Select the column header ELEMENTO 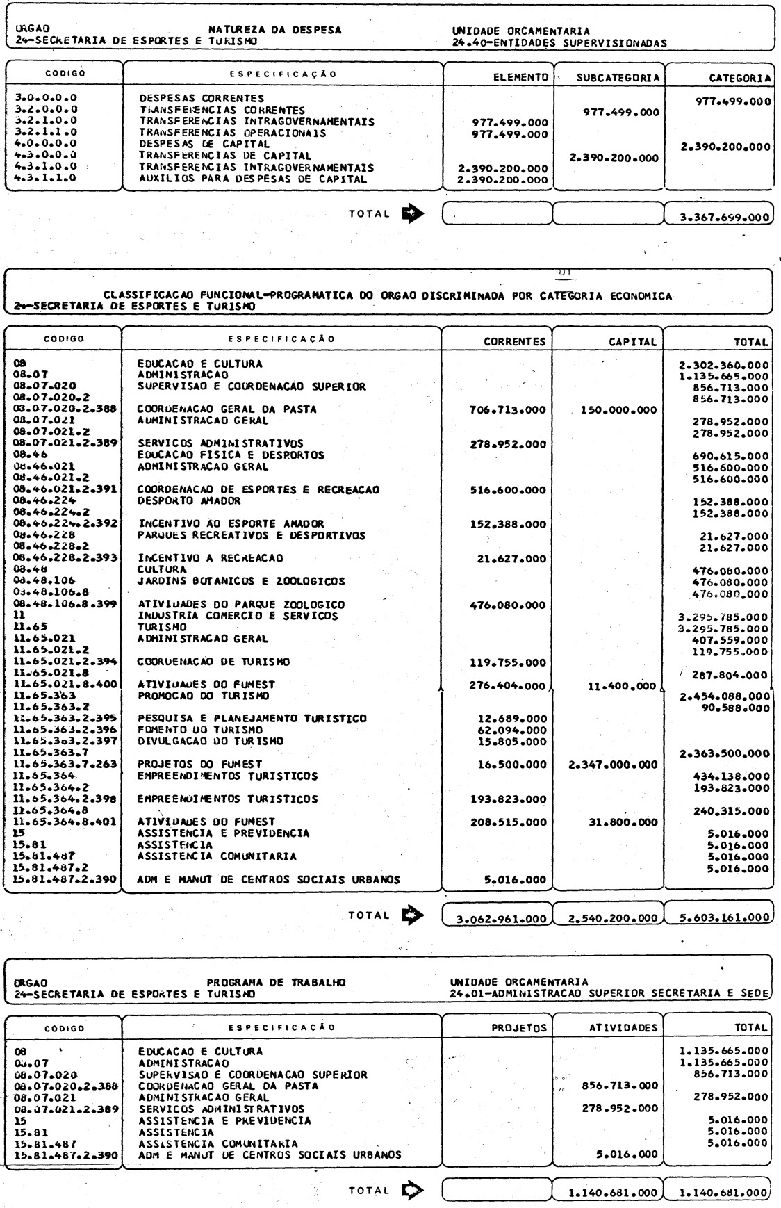click(x=520, y=78)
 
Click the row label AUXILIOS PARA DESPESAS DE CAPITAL click(x=254, y=179)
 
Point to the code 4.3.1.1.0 click(x=47, y=179)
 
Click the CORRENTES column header click(x=515, y=342)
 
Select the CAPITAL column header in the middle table click(x=633, y=342)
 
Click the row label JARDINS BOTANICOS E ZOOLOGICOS click(x=241, y=581)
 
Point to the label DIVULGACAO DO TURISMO click(x=211, y=741)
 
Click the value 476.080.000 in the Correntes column click(x=508, y=605)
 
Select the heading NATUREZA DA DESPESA click(x=275, y=30)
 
